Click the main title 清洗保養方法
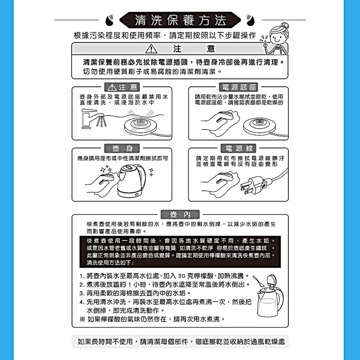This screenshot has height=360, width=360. click(x=180, y=20)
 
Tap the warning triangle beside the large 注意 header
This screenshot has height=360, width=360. click(x=151, y=49)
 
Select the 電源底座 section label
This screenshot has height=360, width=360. click(x=239, y=87)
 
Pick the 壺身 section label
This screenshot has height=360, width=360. click(x=122, y=148)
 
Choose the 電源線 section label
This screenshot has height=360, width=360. click(x=239, y=148)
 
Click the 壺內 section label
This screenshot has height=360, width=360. click(x=180, y=215)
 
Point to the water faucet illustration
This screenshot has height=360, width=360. click(x=93, y=118)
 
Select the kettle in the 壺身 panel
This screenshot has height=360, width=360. click(x=131, y=181)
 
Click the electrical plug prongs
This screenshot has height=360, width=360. click(x=245, y=188)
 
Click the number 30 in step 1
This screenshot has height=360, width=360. click(x=181, y=276)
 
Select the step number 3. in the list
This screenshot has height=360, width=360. click(x=82, y=293)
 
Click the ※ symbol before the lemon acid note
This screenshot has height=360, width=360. click(x=82, y=319)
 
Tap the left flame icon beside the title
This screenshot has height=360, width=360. click(x=110, y=20)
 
